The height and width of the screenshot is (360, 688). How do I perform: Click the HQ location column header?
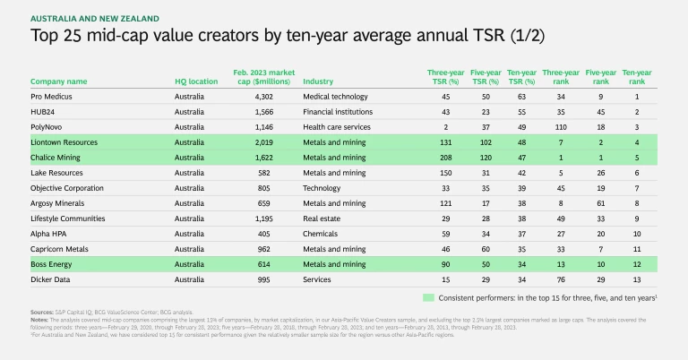coord(196,81)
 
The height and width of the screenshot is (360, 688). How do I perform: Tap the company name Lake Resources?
coord(56,173)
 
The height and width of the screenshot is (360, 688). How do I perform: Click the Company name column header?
coord(59,81)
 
